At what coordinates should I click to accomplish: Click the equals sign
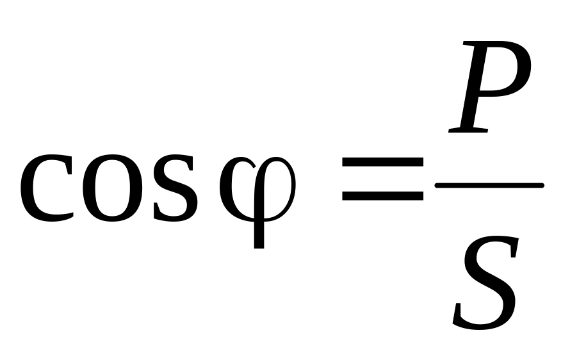click(x=382, y=180)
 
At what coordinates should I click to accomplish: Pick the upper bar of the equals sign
click(x=382, y=165)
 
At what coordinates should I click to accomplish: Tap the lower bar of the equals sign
click(x=382, y=195)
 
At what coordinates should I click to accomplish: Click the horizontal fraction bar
click(x=489, y=186)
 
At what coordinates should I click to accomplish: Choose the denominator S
click(x=485, y=282)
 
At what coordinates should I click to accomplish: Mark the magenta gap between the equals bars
click(x=382, y=180)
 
